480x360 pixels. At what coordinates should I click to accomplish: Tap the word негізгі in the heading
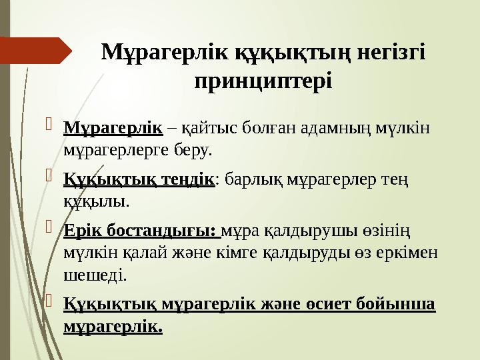point(387,53)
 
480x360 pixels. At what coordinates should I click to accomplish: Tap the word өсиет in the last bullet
point(332,304)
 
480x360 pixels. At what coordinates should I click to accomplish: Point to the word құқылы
point(95,201)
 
